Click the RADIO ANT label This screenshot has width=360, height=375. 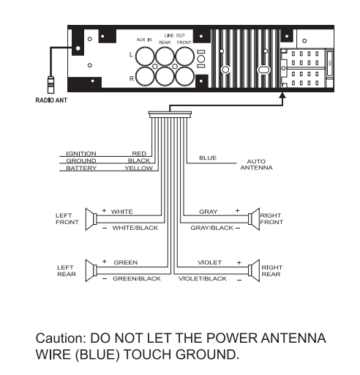click(51, 100)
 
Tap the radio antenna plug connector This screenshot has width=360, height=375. click(50, 85)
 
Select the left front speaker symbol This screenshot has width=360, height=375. click(91, 219)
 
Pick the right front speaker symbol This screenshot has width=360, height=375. click(254, 219)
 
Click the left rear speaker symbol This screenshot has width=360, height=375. click(91, 270)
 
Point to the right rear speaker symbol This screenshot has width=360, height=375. click(254, 270)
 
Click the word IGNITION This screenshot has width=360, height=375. click(81, 154)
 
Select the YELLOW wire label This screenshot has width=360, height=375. click(139, 168)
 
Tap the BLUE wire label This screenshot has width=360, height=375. click(208, 158)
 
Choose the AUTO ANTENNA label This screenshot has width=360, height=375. click(256, 165)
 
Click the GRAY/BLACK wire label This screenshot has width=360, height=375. click(211, 228)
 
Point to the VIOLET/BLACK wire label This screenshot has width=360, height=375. click(203, 278)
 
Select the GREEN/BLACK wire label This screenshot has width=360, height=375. click(137, 278)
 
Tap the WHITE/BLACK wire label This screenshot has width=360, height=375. click(135, 228)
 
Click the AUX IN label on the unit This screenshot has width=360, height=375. click(144, 40)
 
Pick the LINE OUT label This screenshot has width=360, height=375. click(175, 35)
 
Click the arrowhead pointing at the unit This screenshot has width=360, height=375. click(282, 95)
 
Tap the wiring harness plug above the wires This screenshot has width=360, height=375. click(170, 114)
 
